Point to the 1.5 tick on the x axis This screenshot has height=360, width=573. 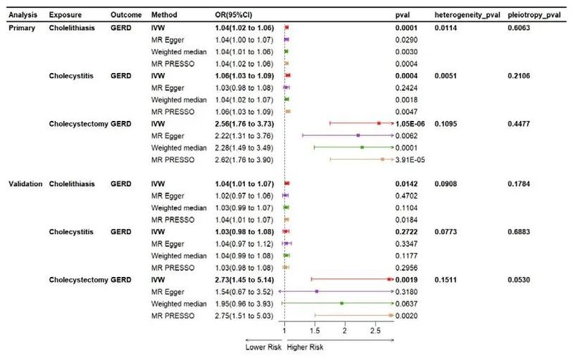(x=315, y=331)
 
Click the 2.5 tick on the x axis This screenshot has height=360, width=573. (x=375, y=331)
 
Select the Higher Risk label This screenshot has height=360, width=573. (x=306, y=347)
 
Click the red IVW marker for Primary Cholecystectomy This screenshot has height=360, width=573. (x=379, y=123)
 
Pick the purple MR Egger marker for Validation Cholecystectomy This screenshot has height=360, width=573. (x=317, y=291)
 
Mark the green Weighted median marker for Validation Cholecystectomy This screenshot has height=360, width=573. (x=342, y=303)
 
